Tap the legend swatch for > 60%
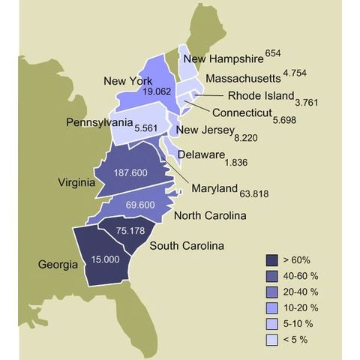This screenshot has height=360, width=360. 272,259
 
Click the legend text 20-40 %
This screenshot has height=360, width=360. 302,291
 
